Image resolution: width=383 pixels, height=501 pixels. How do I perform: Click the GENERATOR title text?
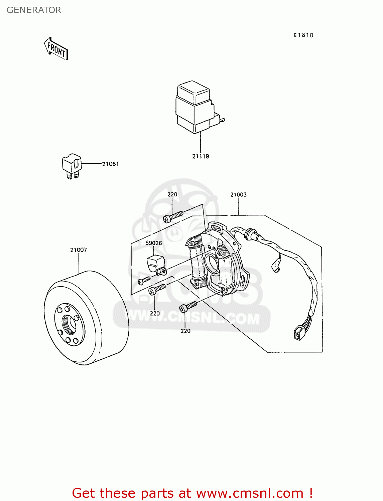pyautogui.click(x=34, y=10)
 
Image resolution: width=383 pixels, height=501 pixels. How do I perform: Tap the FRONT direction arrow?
pyautogui.click(x=56, y=49)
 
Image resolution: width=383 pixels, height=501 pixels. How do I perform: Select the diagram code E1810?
pyautogui.click(x=303, y=35)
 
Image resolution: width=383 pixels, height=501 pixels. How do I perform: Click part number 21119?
pyautogui.click(x=201, y=156)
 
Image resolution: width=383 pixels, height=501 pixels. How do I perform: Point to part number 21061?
pyautogui.click(x=110, y=164)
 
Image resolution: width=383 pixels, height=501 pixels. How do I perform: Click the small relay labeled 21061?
pyautogui.click(x=72, y=165)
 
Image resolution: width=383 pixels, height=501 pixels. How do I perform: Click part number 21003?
pyautogui.click(x=238, y=195)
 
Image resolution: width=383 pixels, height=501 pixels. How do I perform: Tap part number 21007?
pyautogui.click(x=79, y=250)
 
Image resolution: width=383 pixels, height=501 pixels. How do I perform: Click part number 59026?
pyautogui.click(x=154, y=243)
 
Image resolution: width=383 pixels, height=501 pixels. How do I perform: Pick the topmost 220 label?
pyautogui.click(x=172, y=194)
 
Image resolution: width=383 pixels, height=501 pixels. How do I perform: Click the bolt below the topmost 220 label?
pyautogui.click(x=173, y=216)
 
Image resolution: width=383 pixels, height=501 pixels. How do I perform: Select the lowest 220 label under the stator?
pyautogui.click(x=185, y=331)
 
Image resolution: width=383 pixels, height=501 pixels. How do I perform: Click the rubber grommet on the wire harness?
pyautogui.click(x=251, y=234)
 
